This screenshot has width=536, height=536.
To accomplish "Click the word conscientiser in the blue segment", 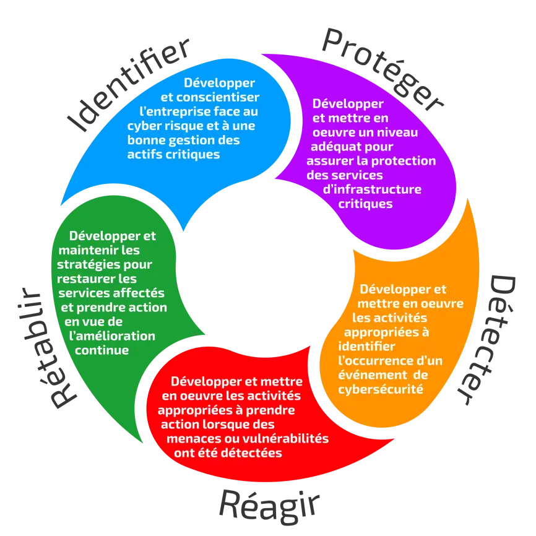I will click(217, 97).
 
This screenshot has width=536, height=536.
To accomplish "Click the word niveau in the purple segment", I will click(396, 132).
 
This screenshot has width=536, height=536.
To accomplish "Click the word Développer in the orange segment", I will click(394, 289).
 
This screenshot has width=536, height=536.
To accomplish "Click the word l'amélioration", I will click(113, 335).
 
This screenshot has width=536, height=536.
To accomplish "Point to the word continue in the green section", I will click(102, 350).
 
